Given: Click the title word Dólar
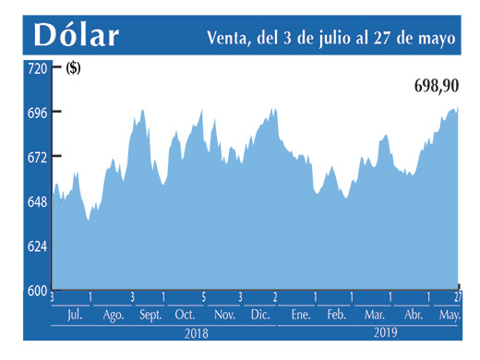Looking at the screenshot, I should point(78,34).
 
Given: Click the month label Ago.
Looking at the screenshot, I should point(113,315).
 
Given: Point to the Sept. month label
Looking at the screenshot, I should point(150,315).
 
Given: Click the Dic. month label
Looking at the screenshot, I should point(259,315).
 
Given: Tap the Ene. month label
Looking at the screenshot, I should point(299,315).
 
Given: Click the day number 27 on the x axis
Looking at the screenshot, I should point(458,297).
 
